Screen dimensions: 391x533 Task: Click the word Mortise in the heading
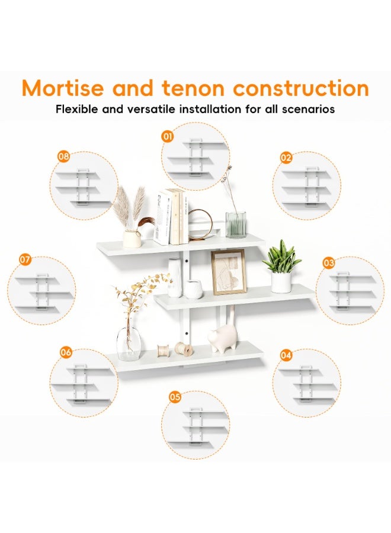point(63,88)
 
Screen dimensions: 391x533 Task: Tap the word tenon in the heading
point(193,88)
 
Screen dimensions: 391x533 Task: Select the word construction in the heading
point(301,88)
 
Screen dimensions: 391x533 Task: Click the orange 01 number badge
point(167,137)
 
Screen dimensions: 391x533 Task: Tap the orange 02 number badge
point(286,158)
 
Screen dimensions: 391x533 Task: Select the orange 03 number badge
point(329,263)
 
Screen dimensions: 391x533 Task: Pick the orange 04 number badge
point(286,355)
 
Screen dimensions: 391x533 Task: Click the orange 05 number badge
point(175,397)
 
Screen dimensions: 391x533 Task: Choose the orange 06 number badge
point(66,352)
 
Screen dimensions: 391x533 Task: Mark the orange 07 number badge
point(25,260)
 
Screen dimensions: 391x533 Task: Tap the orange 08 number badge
point(63,156)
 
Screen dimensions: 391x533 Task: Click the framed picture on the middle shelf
point(228,272)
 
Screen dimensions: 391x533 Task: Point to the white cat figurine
point(223,338)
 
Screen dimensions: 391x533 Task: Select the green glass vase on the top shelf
point(236,224)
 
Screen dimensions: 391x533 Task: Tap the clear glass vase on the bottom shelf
point(129,342)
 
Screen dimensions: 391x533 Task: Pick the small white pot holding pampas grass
point(132,238)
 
